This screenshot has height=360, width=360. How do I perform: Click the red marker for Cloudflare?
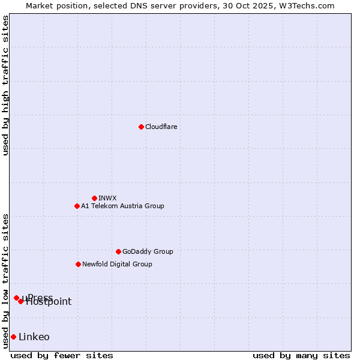tap(141, 127)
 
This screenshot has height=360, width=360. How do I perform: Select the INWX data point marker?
tap(94, 198)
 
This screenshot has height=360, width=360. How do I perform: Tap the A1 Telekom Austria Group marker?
tap(77, 206)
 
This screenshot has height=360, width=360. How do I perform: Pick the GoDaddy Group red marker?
tap(118, 251)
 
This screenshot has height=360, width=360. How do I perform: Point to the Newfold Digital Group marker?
tap(78, 264)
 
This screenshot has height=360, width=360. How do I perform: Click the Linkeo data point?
tap(13, 337)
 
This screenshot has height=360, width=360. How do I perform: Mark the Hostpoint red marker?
tap(20, 301)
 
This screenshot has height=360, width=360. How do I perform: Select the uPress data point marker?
tap(16, 298)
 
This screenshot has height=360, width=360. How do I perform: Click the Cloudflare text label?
tap(161, 127)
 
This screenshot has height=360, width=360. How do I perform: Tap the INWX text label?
tap(107, 198)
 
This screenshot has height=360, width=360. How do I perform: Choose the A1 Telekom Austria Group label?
tap(122, 206)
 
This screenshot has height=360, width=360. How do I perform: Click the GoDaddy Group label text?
tap(148, 251)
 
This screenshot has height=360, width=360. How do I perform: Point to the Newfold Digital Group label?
tap(117, 264)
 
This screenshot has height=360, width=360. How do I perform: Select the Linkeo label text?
tap(34, 337)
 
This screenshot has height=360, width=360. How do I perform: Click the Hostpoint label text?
tap(49, 302)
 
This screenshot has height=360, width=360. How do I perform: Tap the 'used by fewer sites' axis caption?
tap(62, 355)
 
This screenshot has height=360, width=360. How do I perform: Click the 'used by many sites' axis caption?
tap(301, 355)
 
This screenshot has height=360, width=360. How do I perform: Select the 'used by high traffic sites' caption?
tap(5, 85)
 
